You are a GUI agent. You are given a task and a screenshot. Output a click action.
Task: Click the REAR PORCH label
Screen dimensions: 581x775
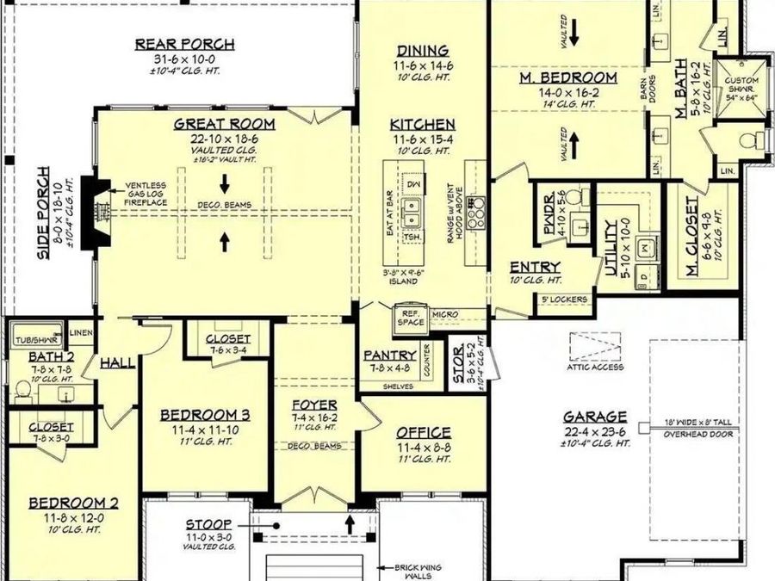point(185,45)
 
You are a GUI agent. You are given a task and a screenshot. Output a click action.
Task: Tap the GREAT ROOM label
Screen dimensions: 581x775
point(219,124)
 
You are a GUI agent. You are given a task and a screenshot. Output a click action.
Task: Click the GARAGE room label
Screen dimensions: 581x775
point(595,416)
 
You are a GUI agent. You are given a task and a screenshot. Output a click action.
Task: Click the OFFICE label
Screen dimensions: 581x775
point(423,432)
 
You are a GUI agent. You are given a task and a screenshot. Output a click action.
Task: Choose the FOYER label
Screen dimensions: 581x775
point(313,405)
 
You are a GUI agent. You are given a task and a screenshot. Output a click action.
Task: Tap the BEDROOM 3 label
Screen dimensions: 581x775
point(206,415)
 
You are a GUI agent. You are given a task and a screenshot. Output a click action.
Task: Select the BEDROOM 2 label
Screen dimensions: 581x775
point(73,503)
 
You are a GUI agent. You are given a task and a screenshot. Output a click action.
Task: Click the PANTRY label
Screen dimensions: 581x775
point(390,355)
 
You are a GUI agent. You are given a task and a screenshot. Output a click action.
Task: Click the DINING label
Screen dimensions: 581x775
point(422,50)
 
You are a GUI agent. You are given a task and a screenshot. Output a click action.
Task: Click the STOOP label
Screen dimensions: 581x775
point(208,523)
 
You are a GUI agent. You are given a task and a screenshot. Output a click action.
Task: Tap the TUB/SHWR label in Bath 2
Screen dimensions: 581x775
point(34,339)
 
